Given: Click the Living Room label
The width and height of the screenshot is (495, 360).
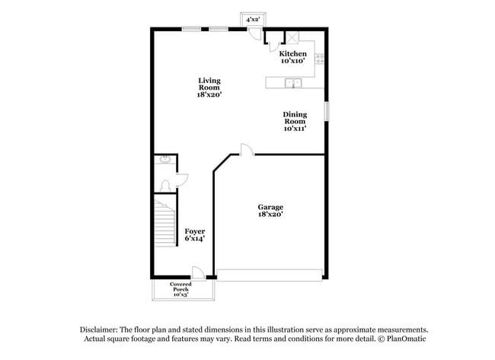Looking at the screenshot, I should coord(209,88).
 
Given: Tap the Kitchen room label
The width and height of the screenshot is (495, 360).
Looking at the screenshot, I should coord(292,57).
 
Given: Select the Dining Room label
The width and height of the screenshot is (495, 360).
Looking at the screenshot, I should coord(295,121).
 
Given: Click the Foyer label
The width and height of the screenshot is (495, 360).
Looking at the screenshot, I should coord(194,234).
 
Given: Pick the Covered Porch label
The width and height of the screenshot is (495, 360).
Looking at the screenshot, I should coord(180,289).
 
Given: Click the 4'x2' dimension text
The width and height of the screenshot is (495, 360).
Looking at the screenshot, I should coord(252,20).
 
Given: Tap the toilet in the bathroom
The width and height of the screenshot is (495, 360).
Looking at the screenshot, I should coord(166,185).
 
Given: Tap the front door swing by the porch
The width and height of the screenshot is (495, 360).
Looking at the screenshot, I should coord(196,272).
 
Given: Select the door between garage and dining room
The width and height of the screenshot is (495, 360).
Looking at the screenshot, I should coord(245,149).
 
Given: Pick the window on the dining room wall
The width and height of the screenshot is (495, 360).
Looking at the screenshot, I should coord(327,110).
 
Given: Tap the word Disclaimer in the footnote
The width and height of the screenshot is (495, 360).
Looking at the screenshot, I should coord(101,329).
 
